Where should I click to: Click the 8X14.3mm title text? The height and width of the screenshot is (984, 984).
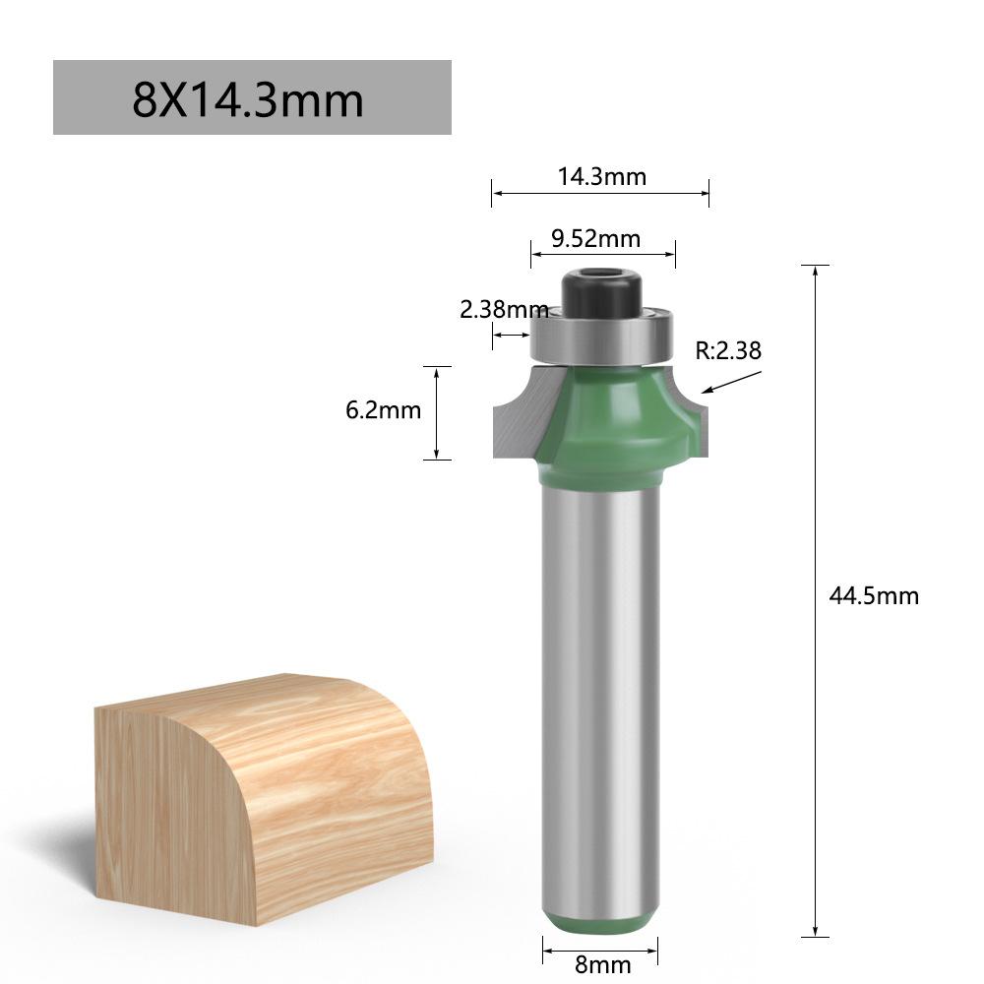[248, 100]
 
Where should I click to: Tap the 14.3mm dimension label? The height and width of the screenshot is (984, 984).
[602, 177]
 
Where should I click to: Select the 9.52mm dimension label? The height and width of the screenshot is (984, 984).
[595, 239]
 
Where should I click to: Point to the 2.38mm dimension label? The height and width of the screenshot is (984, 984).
[504, 309]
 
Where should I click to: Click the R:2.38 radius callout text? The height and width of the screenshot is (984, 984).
[728, 351]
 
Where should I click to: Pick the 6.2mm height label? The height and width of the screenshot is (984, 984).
[383, 410]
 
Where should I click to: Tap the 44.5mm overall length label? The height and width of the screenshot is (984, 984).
[874, 595]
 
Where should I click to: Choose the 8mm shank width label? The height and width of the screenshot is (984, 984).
[602, 964]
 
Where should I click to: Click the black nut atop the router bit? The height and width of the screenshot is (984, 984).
[602, 292]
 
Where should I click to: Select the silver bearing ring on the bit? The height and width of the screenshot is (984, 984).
[602, 337]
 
